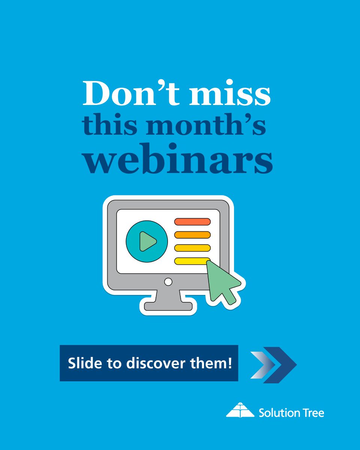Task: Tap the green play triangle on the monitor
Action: (147, 241)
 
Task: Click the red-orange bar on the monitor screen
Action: (192, 222)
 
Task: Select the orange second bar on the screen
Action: (192, 235)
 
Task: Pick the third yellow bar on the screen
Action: (192, 248)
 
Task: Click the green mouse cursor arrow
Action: (223, 281)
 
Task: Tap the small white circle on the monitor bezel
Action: (168, 281)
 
